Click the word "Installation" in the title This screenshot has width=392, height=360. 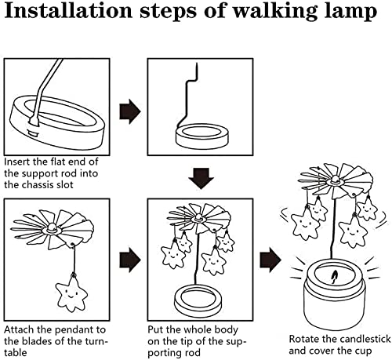tap(68, 11)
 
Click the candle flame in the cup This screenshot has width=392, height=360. tap(334, 277)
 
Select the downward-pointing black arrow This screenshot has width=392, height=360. tap(201, 178)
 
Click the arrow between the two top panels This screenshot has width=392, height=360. tap(130, 111)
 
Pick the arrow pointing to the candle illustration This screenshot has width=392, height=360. tap(270, 260)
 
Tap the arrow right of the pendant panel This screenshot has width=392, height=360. tap(130, 260)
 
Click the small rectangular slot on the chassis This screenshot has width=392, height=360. tap(33, 133)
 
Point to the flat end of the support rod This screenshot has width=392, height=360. tap(34, 121)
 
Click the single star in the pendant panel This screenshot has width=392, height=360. tap(71, 295)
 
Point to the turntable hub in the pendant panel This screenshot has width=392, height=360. tap(52, 228)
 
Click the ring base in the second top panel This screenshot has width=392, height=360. tap(201, 136)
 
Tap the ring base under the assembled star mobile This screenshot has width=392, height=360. tap(198, 298)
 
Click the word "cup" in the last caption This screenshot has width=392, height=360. tap(363, 351)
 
